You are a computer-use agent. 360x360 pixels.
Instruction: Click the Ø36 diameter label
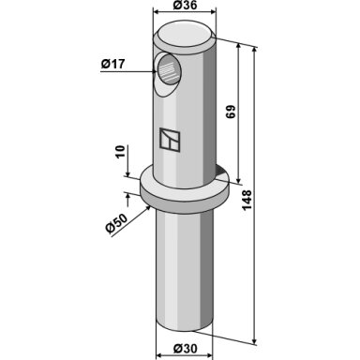pos(186,5)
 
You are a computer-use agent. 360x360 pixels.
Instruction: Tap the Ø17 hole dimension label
pos(112,65)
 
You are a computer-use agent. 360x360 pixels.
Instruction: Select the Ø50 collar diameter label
pos(117,223)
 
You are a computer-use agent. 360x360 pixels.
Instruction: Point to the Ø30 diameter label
pos(186,349)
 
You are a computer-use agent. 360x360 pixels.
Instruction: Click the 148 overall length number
pos(247,200)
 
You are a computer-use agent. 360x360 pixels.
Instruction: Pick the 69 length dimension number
pos(231,112)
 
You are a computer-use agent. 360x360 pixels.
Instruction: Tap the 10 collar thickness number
pos(120,152)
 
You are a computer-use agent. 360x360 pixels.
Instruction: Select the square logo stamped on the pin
pos(170,140)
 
